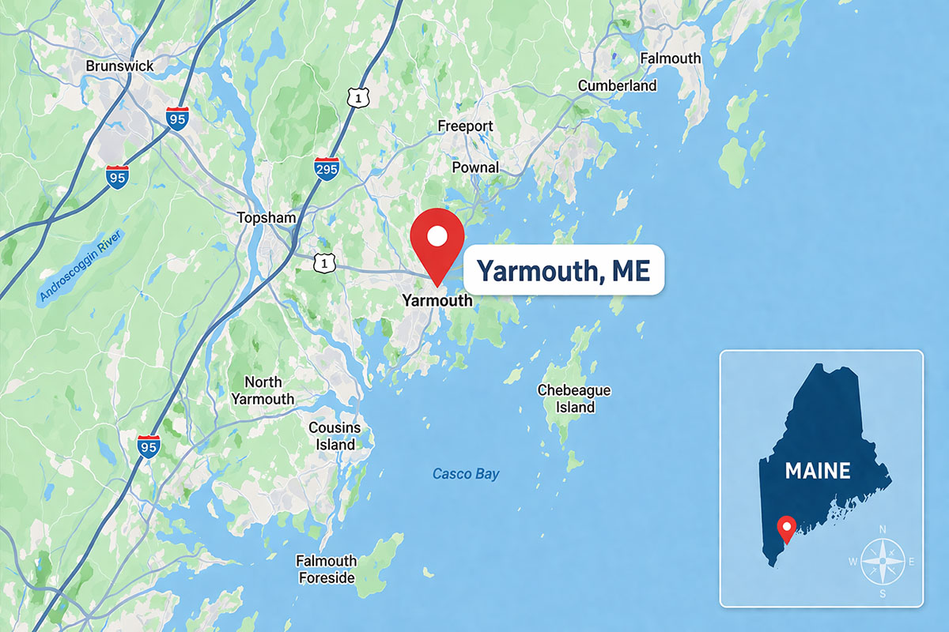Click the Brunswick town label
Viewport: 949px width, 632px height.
pos(119,66)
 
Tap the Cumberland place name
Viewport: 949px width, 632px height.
pos(618,85)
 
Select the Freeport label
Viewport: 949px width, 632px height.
pos(465,126)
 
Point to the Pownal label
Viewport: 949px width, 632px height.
pos(475,167)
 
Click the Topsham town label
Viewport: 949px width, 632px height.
pos(267,217)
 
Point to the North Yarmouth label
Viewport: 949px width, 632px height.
pos(263,391)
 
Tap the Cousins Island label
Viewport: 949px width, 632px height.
pos(335,436)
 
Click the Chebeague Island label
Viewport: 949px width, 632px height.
pos(574,399)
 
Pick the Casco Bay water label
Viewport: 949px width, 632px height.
pos(466,474)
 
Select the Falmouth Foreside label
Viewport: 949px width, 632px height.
pos(326,570)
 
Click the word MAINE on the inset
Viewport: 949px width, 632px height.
pos(818,472)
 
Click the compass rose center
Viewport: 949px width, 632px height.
pos(882,562)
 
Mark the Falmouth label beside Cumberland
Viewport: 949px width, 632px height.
pos(671,58)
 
